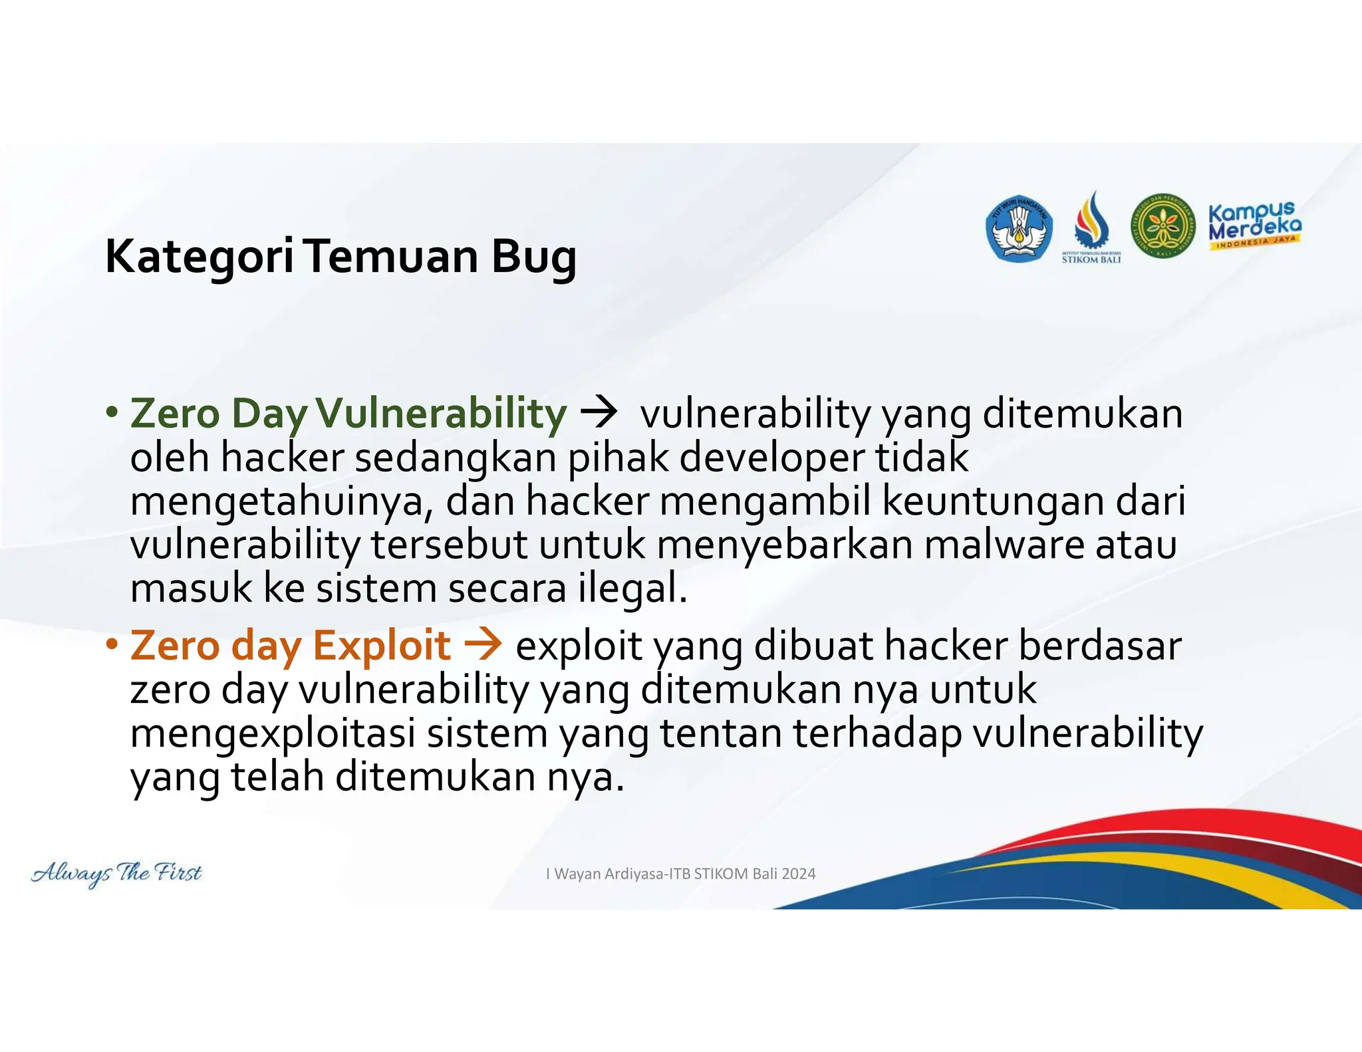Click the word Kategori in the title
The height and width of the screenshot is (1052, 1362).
[x=199, y=257]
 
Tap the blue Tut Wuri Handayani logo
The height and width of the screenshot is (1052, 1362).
[x=1018, y=229]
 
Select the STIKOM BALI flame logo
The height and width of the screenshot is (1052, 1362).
[x=1091, y=226]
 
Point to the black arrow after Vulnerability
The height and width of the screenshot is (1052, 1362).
[x=599, y=413]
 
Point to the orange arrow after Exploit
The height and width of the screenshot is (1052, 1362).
[x=483, y=645]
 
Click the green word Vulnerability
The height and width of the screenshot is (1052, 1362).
[x=441, y=413]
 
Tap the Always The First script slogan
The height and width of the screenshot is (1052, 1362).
[x=116, y=872]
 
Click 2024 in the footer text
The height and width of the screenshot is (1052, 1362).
[x=799, y=874]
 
